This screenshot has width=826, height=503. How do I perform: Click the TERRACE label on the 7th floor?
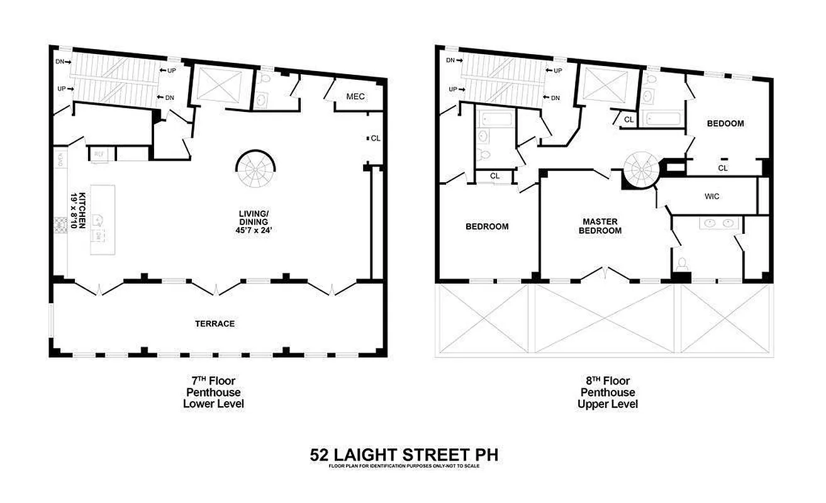[215, 324]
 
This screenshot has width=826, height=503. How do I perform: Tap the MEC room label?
[355, 97]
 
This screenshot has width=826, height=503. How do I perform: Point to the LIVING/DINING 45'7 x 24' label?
[254, 222]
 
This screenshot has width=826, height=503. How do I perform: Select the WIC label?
[712, 196]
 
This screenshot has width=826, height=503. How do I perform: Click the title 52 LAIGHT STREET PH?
[408, 454]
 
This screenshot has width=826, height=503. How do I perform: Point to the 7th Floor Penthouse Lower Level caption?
[213, 392]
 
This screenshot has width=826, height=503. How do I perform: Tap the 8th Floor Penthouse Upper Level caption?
[608, 392]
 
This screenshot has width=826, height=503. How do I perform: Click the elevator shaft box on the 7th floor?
[218, 85]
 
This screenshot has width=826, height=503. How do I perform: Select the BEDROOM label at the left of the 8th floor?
[486, 226]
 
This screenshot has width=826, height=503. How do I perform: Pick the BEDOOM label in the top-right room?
[725, 123]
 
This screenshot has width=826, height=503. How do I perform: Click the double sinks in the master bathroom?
[720, 222]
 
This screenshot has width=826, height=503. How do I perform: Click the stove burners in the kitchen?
[62, 225]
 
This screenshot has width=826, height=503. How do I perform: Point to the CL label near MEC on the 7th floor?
[376, 138]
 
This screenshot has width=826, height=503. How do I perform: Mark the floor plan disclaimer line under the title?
[408, 466]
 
